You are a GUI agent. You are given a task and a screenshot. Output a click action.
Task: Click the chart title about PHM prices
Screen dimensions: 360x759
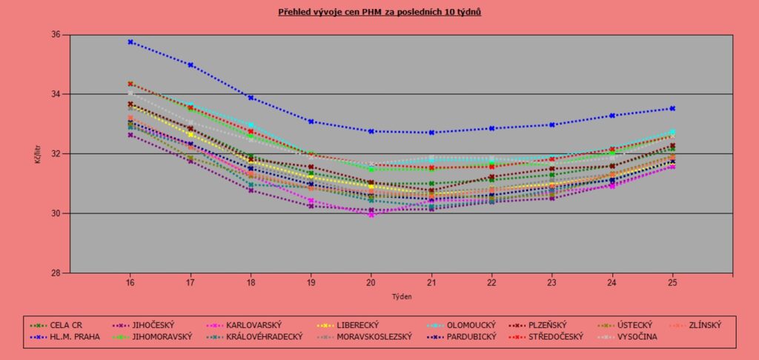coord(379,13)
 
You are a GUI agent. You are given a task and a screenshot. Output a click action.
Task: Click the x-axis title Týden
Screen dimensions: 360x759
coord(402,296)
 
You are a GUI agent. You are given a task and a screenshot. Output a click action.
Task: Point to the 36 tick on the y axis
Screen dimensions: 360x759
coord(55,35)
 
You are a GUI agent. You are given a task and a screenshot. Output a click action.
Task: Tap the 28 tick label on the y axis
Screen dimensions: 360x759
coord(55,273)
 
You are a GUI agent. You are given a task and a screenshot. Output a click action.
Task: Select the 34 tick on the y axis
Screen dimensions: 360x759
coord(55,94)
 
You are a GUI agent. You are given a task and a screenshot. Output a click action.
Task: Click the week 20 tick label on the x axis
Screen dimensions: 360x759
coord(371,282)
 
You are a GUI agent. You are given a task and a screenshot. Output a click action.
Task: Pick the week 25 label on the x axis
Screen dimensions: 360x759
coord(672,282)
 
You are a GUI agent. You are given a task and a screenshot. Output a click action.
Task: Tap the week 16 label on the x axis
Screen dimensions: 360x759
coord(130,282)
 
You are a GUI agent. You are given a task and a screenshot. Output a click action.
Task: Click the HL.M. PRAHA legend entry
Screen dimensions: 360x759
coord(71,337)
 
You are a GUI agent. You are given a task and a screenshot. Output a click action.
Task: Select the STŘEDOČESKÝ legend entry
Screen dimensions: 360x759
coord(551,337)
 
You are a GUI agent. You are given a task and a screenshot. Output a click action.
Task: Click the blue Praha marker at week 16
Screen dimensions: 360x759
coord(130,42)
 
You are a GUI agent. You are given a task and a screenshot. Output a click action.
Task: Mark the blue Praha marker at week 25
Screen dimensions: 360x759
coord(672,108)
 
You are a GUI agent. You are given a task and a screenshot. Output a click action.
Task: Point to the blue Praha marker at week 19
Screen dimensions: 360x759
coord(311,121)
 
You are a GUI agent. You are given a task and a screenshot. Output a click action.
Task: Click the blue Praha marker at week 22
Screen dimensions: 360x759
coord(491,128)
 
